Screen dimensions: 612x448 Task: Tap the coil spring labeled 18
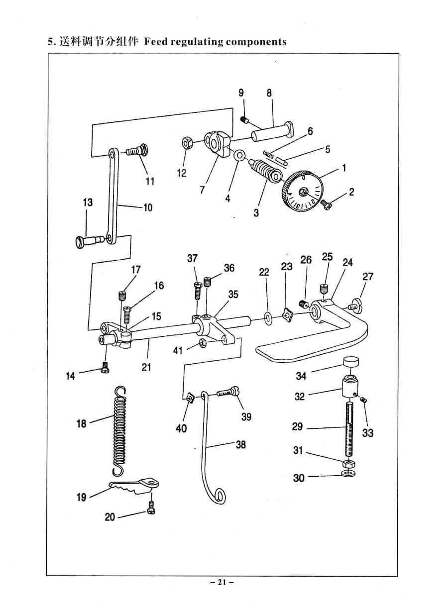[x=120, y=430]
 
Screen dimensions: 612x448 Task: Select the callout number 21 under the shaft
[x=146, y=367]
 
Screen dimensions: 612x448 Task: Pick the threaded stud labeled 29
[x=346, y=428]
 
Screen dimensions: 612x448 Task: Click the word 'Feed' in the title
[x=156, y=42]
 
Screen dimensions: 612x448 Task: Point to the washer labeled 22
[x=268, y=316]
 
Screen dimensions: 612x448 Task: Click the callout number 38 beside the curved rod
[x=240, y=444]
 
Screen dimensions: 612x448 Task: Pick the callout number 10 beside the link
[x=148, y=207]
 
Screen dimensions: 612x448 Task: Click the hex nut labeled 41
[x=203, y=343]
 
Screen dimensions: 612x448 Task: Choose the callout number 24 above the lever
[x=347, y=262]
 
